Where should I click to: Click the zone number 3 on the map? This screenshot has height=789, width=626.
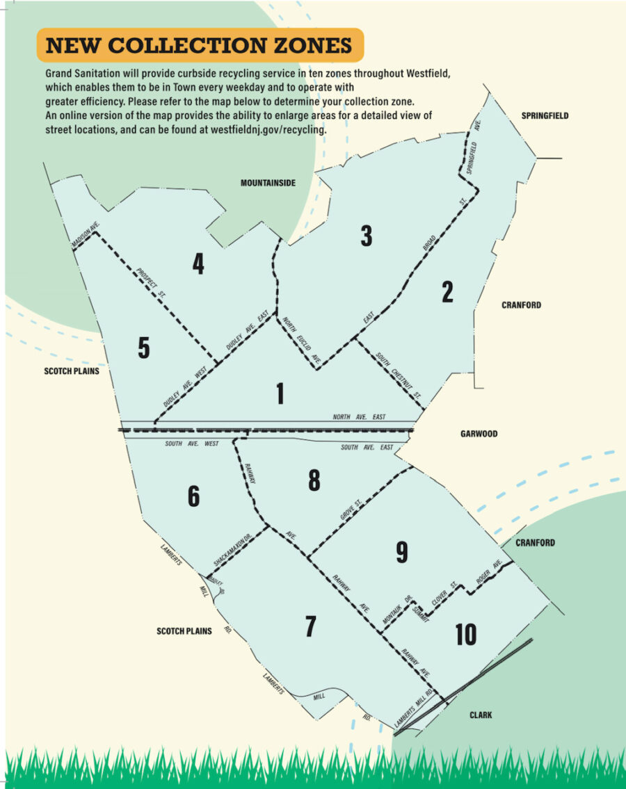366,236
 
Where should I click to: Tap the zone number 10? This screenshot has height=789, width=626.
465,634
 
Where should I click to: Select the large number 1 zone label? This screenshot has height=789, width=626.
280,394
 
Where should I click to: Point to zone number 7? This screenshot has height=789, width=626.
310,626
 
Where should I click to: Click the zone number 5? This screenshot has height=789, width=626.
143,348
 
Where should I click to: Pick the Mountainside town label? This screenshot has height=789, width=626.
268,183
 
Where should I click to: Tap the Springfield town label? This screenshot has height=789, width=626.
545,115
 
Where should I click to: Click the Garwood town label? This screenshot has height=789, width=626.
479,434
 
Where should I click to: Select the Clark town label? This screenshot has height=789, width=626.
480,715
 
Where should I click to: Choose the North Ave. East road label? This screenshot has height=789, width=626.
359,417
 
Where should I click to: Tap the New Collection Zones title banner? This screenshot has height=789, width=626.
199,46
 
